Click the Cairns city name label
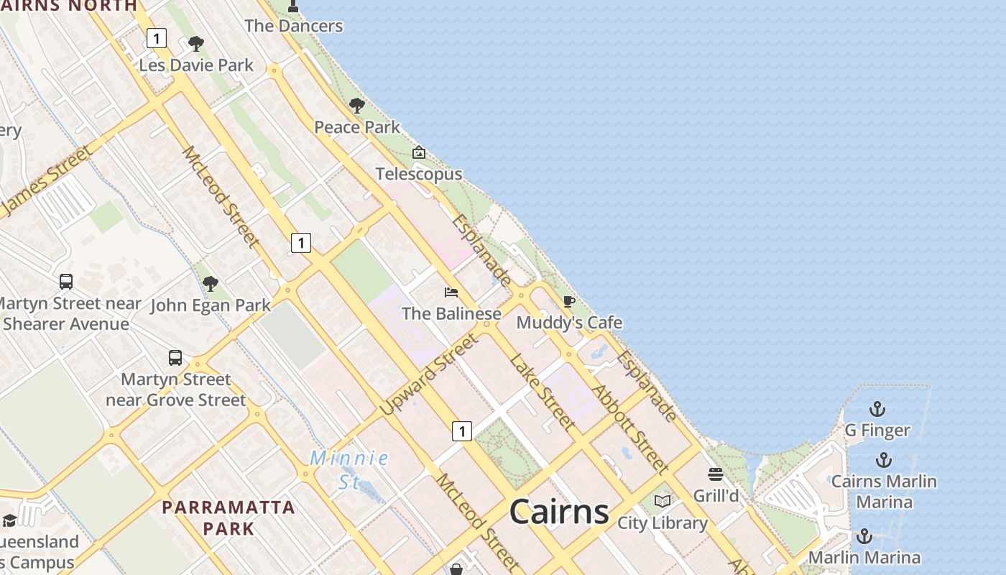(559, 512)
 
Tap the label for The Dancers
(293, 26)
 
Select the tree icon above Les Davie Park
(195, 45)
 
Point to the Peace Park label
(357, 127)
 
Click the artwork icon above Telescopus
(419, 152)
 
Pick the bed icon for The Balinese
(451, 292)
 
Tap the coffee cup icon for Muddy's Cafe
(569, 301)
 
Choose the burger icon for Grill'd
(715, 474)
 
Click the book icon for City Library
(663, 501)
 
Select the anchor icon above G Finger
(877, 410)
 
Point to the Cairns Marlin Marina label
(884, 491)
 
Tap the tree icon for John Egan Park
(210, 284)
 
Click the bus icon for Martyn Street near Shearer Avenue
(66, 281)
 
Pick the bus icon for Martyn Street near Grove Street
(175, 357)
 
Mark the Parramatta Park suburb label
(229, 517)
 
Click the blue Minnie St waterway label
(350, 469)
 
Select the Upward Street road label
(428, 375)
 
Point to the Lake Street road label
(542, 392)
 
